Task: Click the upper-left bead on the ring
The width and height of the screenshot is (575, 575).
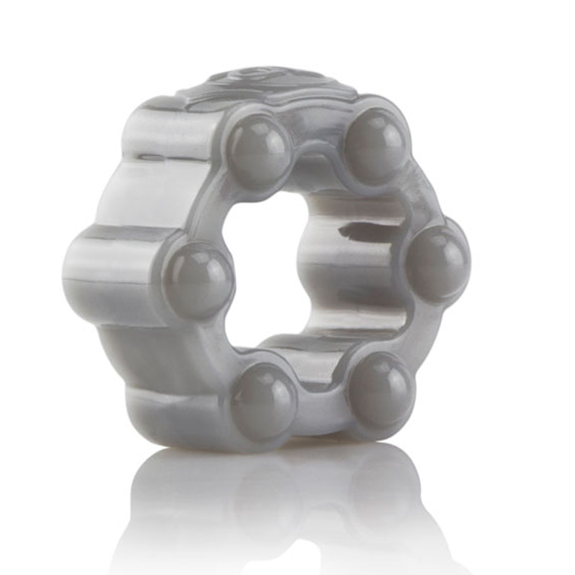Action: pyautogui.click(x=259, y=151)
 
